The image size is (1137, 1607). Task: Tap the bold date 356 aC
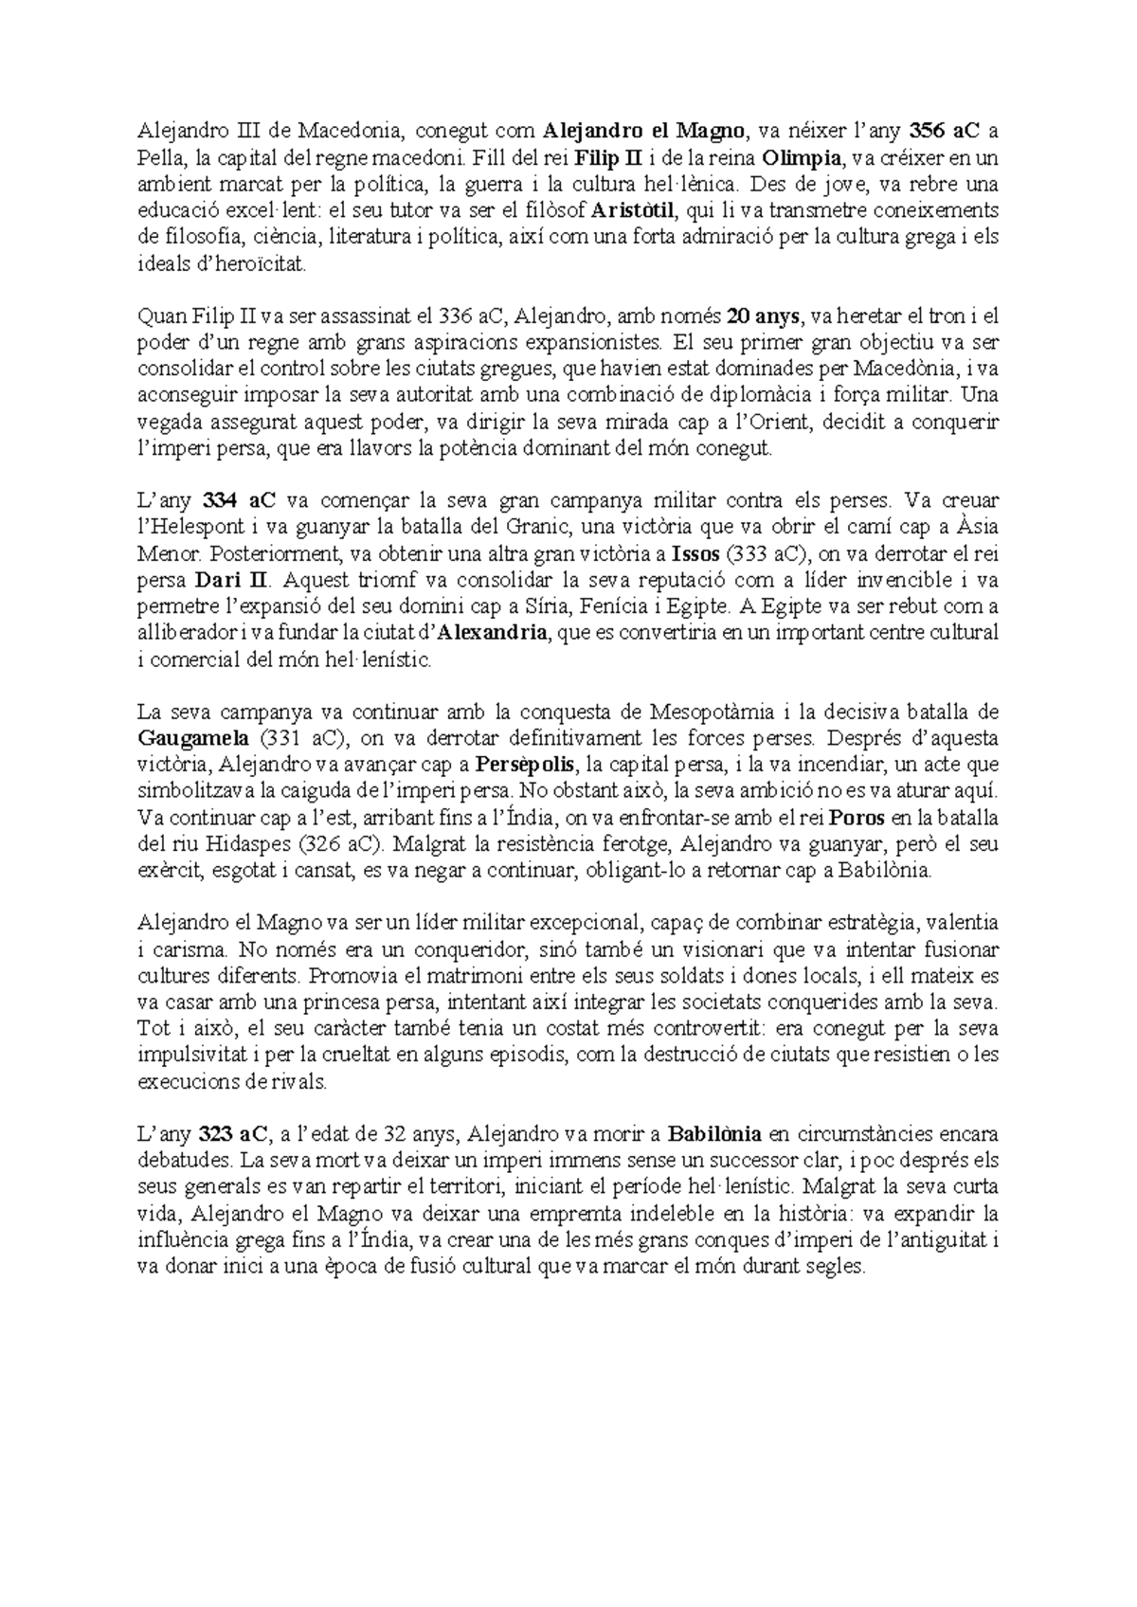pyautogui.click(x=943, y=131)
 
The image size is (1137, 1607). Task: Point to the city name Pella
pyautogui.click(x=158, y=157)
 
